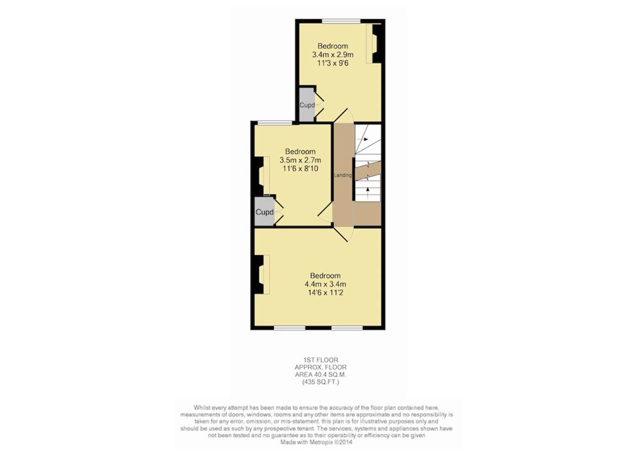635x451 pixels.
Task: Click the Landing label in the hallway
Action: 343,175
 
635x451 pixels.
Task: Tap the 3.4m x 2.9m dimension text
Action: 333,55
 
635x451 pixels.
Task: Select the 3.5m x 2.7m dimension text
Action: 300,160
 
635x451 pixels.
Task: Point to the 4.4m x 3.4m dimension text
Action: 325,284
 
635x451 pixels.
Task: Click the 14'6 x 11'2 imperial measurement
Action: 325,293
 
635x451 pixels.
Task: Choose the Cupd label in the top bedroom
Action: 307,105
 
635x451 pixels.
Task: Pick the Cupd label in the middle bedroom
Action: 264,212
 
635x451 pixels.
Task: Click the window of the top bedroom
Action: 341,21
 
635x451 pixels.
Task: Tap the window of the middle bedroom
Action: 275,123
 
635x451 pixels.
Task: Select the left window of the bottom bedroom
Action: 290,328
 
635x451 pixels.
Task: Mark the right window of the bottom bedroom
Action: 347,328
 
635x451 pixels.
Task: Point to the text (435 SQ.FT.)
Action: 320,382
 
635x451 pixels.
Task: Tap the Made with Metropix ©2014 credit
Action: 316,442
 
